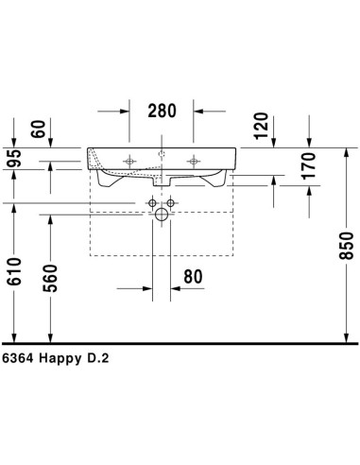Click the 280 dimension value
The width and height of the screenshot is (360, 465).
(x=162, y=111)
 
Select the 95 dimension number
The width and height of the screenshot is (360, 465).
(x=14, y=159)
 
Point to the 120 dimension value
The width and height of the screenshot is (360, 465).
(x=261, y=126)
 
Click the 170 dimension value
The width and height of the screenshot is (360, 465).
(x=308, y=166)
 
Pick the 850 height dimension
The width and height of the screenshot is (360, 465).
(x=346, y=246)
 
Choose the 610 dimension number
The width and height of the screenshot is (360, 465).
(x=14, y=271)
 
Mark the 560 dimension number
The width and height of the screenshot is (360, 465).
(x=50, y=279)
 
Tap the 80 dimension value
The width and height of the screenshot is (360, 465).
(x=193, y=277)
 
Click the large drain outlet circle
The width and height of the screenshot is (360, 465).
(x=162, y=215)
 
